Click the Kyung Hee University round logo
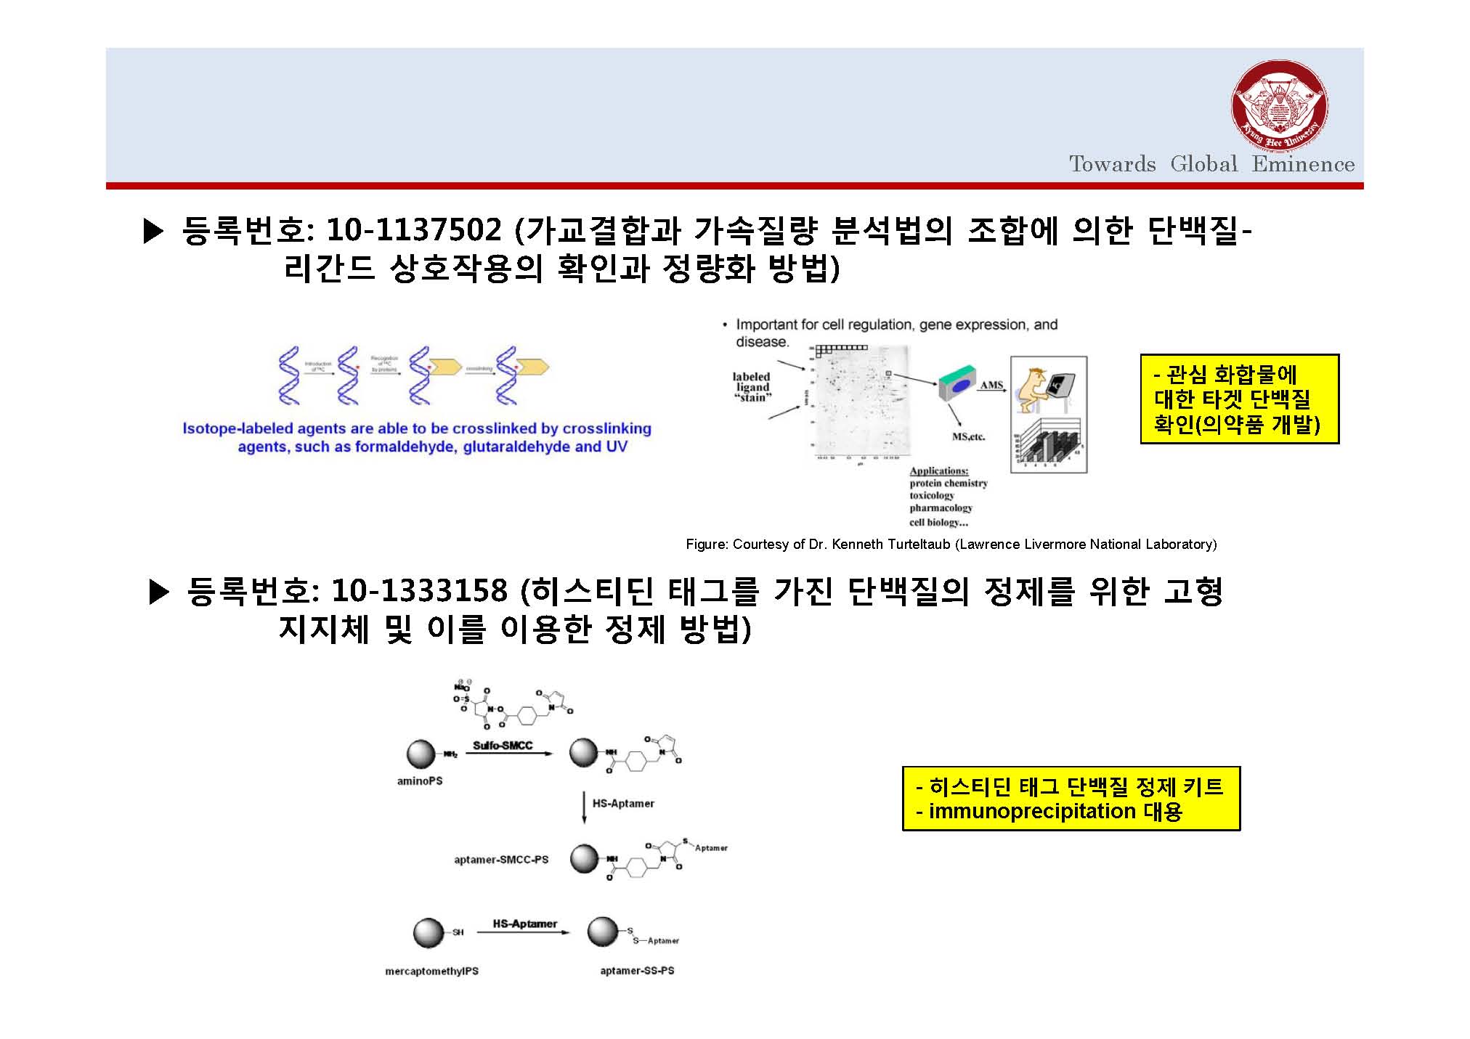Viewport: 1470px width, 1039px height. point(1280,107)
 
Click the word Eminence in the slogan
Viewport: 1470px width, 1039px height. point(1303,164)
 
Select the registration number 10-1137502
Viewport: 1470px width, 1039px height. point(414,231)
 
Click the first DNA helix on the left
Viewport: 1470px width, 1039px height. point(289,375)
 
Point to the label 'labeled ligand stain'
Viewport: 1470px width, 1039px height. point(752,386)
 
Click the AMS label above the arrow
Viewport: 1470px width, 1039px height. point(991,385)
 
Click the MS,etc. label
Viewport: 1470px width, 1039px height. point(968,436)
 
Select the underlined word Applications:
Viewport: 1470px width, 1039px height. point(939,470)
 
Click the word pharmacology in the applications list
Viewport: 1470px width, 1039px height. point(941,508)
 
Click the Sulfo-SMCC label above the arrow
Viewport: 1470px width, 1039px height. point(503,746)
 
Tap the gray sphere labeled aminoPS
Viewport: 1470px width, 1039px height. point(421,754)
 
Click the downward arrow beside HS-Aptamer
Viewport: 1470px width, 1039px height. point(584,807)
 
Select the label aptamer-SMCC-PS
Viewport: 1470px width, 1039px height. point(501,860)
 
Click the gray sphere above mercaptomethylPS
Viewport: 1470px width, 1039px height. point(428,933)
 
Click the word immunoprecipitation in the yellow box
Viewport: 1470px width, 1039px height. point(1032,811)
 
